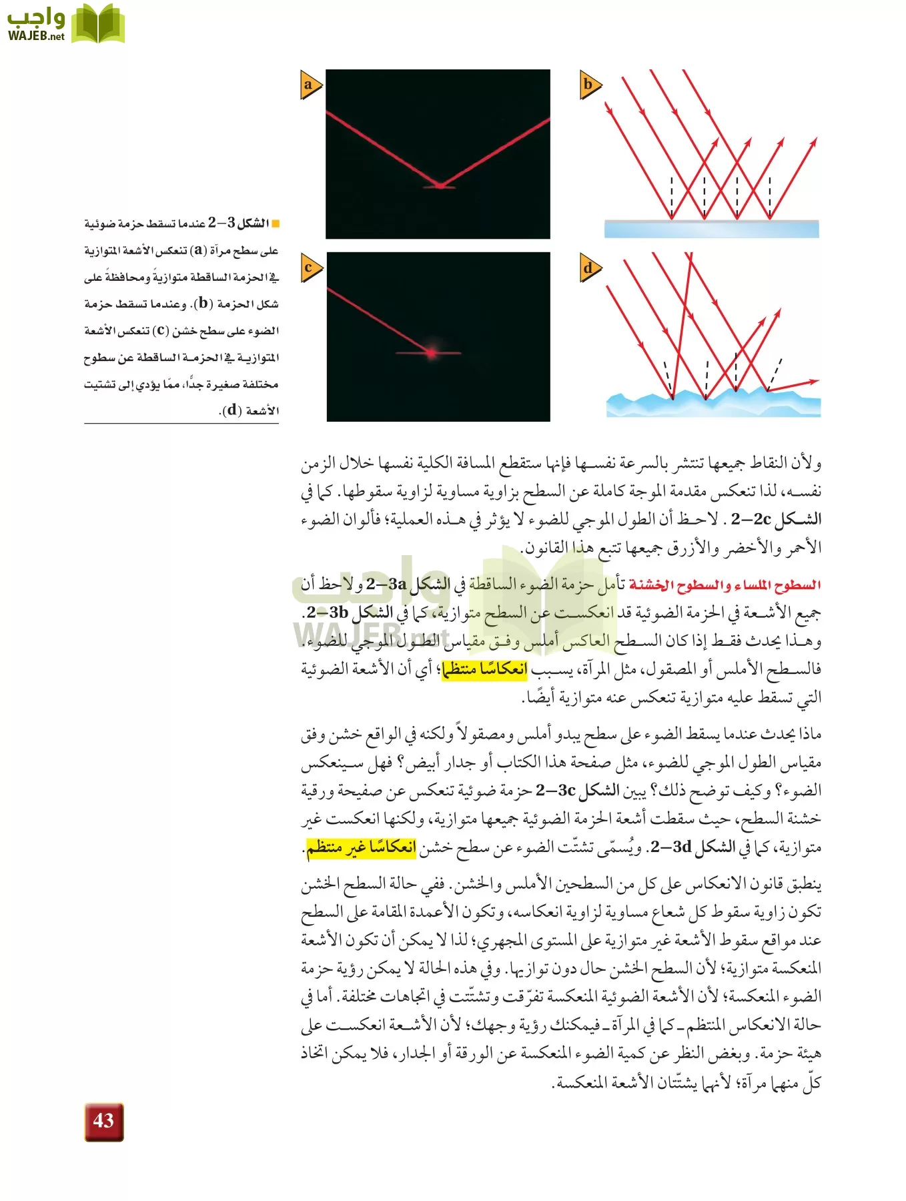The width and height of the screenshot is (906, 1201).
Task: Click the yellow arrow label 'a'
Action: [x=310, y=85]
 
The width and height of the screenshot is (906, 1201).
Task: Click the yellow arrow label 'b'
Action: [x=589, y=85]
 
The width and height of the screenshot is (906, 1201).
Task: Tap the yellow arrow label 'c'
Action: [x=310, y=268]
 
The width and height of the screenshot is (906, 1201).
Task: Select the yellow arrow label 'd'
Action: [x=589, y=269]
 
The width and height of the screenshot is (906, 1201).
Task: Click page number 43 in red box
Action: [x=104, y=1122]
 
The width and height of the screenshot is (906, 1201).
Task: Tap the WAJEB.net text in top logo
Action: [x=36, y=35]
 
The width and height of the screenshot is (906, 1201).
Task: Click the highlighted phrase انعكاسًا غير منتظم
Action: [x=361, y=847]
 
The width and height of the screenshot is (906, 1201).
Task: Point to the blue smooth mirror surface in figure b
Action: [x=711, y=229]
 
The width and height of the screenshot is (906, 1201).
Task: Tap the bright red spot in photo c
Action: [x=432, y=352]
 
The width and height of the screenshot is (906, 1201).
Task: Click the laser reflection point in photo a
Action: [x=439, y=185]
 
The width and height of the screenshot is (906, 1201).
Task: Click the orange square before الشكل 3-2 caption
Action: [x=276, y=223]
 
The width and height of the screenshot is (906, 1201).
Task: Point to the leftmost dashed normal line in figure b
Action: [x=671, y=197]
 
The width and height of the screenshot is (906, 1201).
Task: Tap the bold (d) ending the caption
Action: [x=232, y=410]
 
